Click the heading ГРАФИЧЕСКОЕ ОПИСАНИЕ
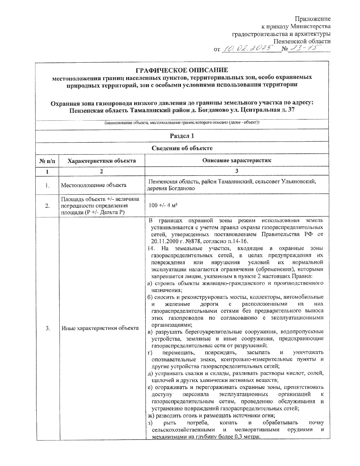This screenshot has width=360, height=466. (182, 70)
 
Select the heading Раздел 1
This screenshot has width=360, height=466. (182, 136)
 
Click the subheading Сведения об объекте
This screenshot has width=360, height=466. (182, 148)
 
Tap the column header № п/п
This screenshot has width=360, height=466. (47, 161)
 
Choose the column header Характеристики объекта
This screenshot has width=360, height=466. (102, 161)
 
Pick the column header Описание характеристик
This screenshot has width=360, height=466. (237, 161)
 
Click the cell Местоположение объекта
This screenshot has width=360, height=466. (94, 185)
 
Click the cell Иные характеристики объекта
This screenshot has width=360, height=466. (100, 328)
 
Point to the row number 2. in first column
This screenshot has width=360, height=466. (47, 206)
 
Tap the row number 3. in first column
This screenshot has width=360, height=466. (47, 328)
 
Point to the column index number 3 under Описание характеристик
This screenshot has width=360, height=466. (237, 171)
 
